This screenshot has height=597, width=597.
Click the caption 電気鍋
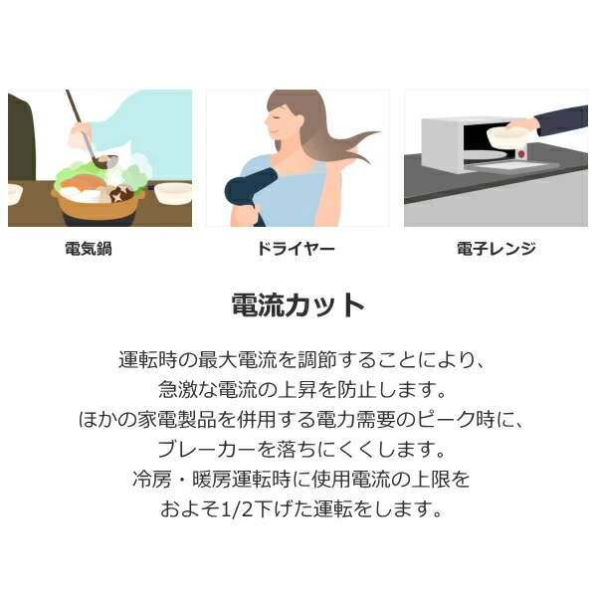pos(89,249)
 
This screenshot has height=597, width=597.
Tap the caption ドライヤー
pos(297,249)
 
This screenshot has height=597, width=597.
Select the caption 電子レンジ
pos(497,249)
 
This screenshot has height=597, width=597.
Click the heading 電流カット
pos(298,305)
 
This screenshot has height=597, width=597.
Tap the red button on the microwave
pos(521,154)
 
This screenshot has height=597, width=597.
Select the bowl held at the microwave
pos(506,137)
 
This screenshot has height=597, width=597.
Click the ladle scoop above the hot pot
pos(108,160)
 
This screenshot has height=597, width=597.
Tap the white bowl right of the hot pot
pos(173,193)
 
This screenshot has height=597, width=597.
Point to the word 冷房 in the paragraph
pos(152,480)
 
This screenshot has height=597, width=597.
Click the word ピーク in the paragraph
pos(447,420)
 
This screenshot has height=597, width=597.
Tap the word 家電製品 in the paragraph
pos(177,420)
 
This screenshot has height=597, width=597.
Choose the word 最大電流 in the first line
pos(238,360)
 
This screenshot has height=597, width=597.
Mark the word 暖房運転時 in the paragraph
pos(242,480)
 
